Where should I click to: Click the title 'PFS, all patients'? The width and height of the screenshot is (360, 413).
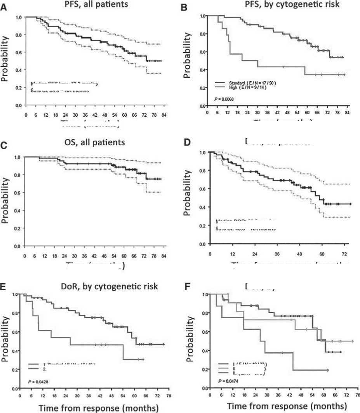tap(96, 5)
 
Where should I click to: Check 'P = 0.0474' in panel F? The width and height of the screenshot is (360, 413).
tap(228, 381)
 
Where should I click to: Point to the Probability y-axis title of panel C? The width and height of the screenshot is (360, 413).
tap(5, 200)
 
